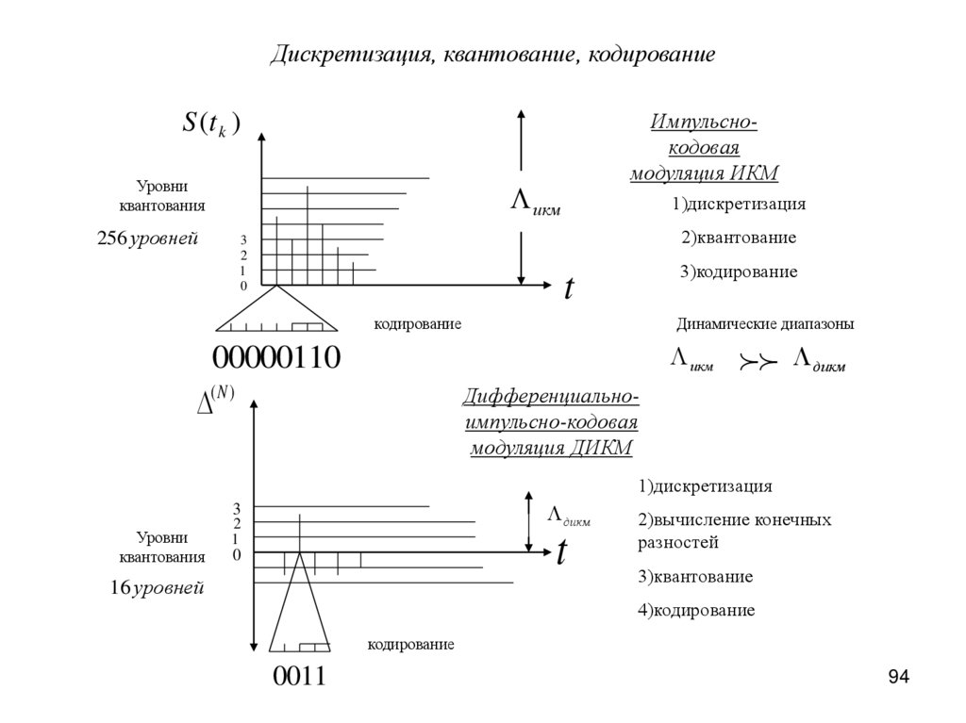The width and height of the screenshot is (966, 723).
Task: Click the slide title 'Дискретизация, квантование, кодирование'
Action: [x=492, y=54]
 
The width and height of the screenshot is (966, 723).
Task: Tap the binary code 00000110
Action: [x=275, y=359]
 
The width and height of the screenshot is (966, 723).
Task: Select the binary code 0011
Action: [x=299, y=676]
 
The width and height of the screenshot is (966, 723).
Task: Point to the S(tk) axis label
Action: [x=211, y=123]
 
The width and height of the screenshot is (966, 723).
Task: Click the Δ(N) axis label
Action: [x=214, y=400]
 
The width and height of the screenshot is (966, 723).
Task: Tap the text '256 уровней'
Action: [x=147, y=238]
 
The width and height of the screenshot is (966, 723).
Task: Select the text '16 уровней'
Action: [x=157, y=588]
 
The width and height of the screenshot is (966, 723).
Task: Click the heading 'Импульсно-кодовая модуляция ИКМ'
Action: [x=704, y=148]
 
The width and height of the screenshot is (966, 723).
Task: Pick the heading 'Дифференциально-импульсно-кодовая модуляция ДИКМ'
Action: [x=551, y=420]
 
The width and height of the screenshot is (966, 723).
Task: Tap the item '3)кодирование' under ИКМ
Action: [x=738, y=271]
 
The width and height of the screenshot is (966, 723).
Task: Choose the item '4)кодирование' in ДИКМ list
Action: [x=696, y=610]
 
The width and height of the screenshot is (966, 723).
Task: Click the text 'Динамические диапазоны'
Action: [x=764, y=324]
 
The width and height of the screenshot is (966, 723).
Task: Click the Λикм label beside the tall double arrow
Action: [x=535, y=204]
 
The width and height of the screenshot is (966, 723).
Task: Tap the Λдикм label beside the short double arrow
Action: [x=569, y=515]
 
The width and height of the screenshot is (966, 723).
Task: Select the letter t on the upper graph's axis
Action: [x=569, y=288]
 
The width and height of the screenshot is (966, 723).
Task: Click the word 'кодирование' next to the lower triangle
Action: [x=410, y=645]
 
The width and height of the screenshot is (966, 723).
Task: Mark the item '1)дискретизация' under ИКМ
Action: [x=739, y=204]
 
